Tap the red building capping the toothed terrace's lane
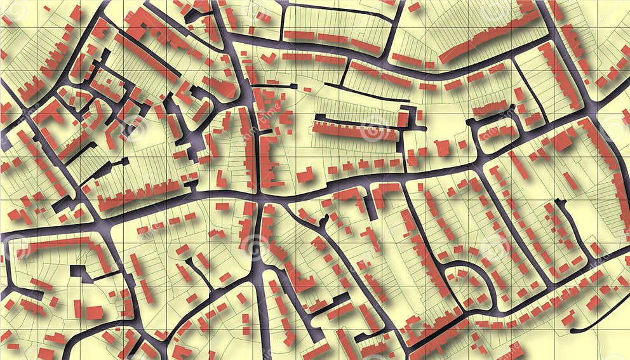(x=403, y=118)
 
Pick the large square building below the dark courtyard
(x=94, y=312)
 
